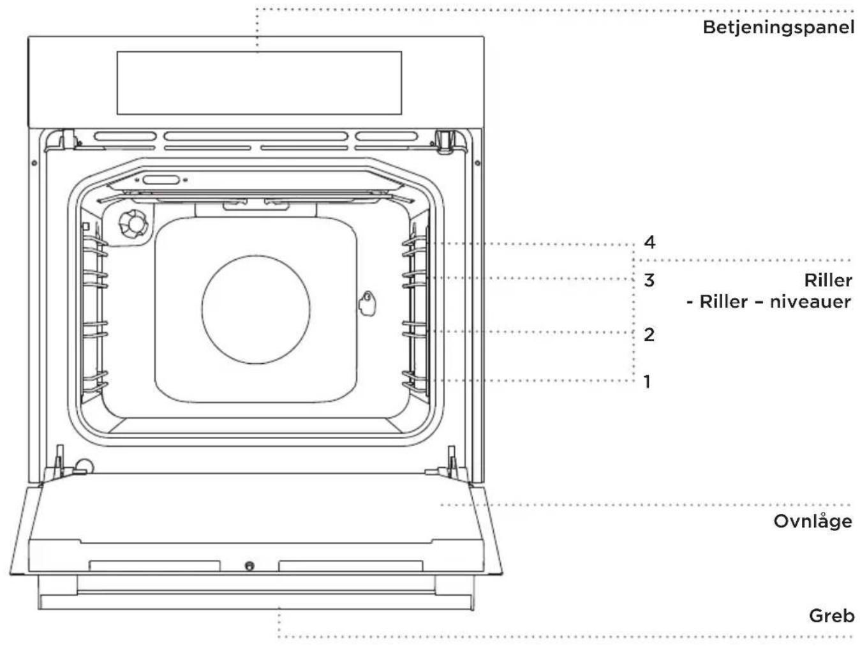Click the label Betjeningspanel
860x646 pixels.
point(778,28)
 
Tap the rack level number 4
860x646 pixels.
point(649,243)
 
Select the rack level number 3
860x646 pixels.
point(649,280)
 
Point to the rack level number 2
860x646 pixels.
point(649,334)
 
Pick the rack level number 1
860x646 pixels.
point(647,381)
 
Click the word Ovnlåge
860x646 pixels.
point(813,522)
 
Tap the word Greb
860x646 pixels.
point(831,616)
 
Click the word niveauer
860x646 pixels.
point(810,302)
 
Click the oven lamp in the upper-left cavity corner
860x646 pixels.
point(133,224)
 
